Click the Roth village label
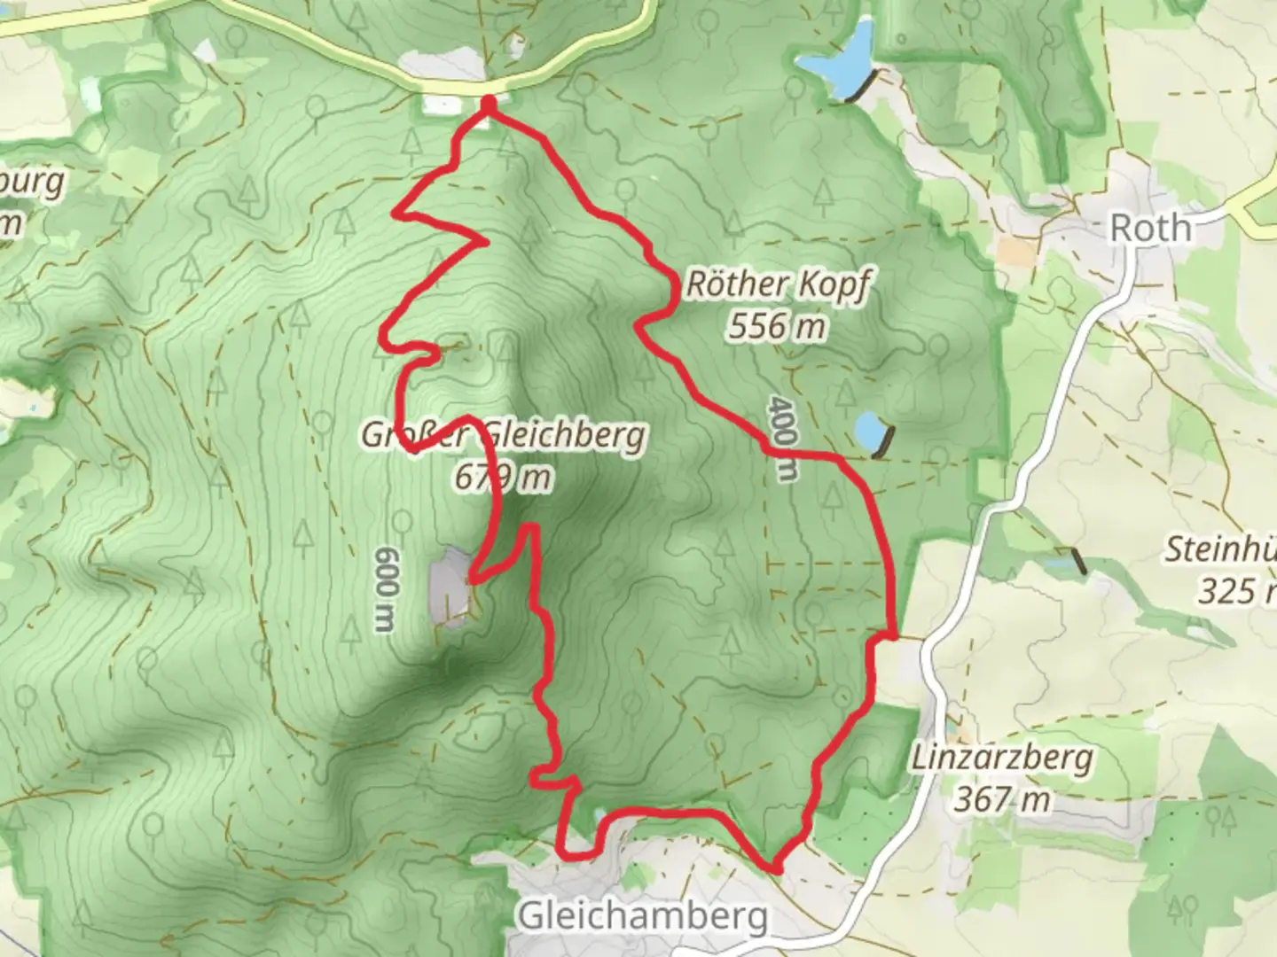click(x=1150, y=229)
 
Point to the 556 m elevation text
click(x=777, y=327)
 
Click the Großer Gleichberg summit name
click(x=503, y=436)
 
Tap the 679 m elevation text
click(x=503, y=478)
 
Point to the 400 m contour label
click(x=780, y=438)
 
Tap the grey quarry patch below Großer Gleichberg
click(x=450, y=587)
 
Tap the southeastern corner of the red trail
click(x=775, y=869)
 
